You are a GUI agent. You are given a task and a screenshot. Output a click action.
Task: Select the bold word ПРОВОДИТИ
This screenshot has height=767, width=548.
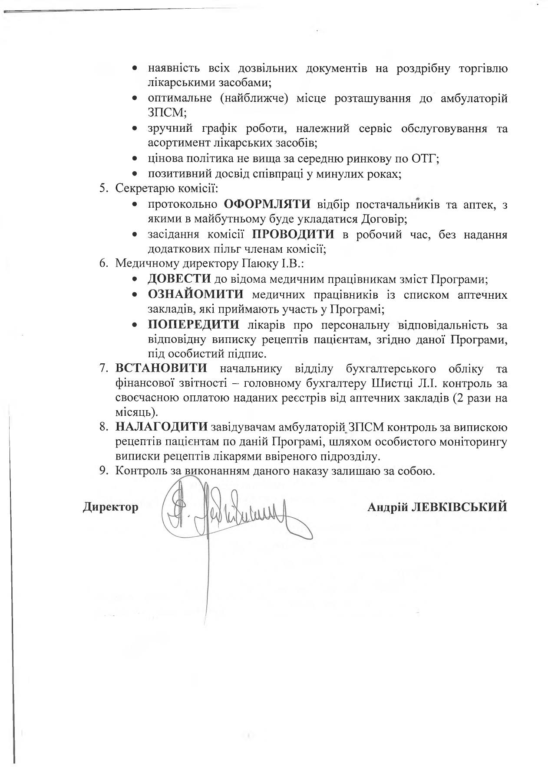[x=294, y=235]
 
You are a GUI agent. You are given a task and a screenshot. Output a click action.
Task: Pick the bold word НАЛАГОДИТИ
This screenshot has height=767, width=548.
[x=162, y=427]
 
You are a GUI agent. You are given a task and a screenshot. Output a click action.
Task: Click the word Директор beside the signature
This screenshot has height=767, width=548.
[x=111, y=506]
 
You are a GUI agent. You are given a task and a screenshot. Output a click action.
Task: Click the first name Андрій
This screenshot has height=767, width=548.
[x=387, y=506]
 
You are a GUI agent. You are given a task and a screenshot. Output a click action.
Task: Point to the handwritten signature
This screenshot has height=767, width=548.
[x=226, y=512]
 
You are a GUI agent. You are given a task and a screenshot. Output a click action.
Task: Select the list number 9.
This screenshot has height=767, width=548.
[x=103, y=471]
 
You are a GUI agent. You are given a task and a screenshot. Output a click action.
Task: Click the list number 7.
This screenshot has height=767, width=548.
[x=103, y=369]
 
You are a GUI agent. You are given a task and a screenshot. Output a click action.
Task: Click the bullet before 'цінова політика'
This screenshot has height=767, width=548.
[x=135, y=159]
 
